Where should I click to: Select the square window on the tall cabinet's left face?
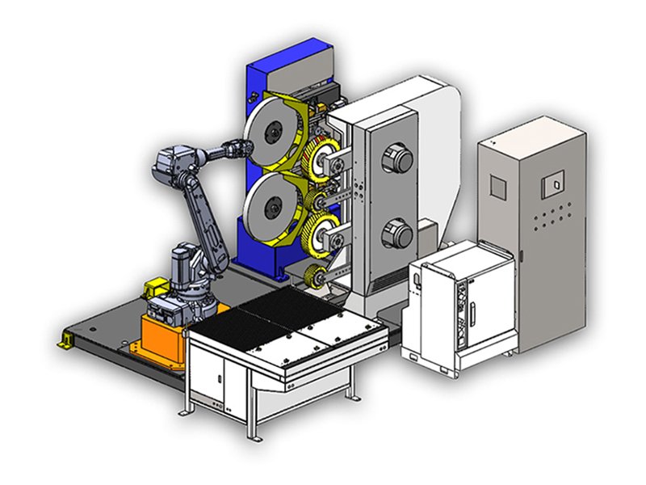[x=498, y=187]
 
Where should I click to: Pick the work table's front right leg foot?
[x=351, y=394]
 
